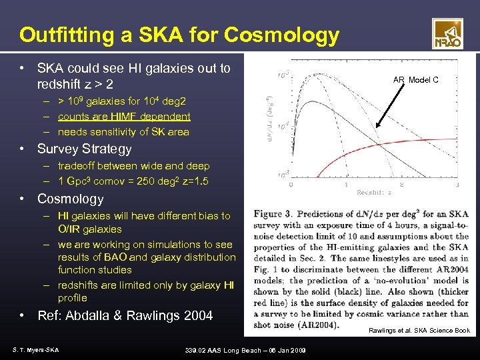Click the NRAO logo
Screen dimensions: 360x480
pos(447,33)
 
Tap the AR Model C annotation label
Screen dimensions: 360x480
pos(415,80)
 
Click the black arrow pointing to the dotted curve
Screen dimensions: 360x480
pos(396,105)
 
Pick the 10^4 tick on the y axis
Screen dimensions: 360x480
pos(283,125)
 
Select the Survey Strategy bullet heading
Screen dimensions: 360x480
pos(84,149)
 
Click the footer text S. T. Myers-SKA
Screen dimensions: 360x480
pos(35,349)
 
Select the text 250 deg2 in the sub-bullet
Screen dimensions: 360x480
pos(154,181)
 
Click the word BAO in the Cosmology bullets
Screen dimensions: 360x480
pos(139,257)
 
